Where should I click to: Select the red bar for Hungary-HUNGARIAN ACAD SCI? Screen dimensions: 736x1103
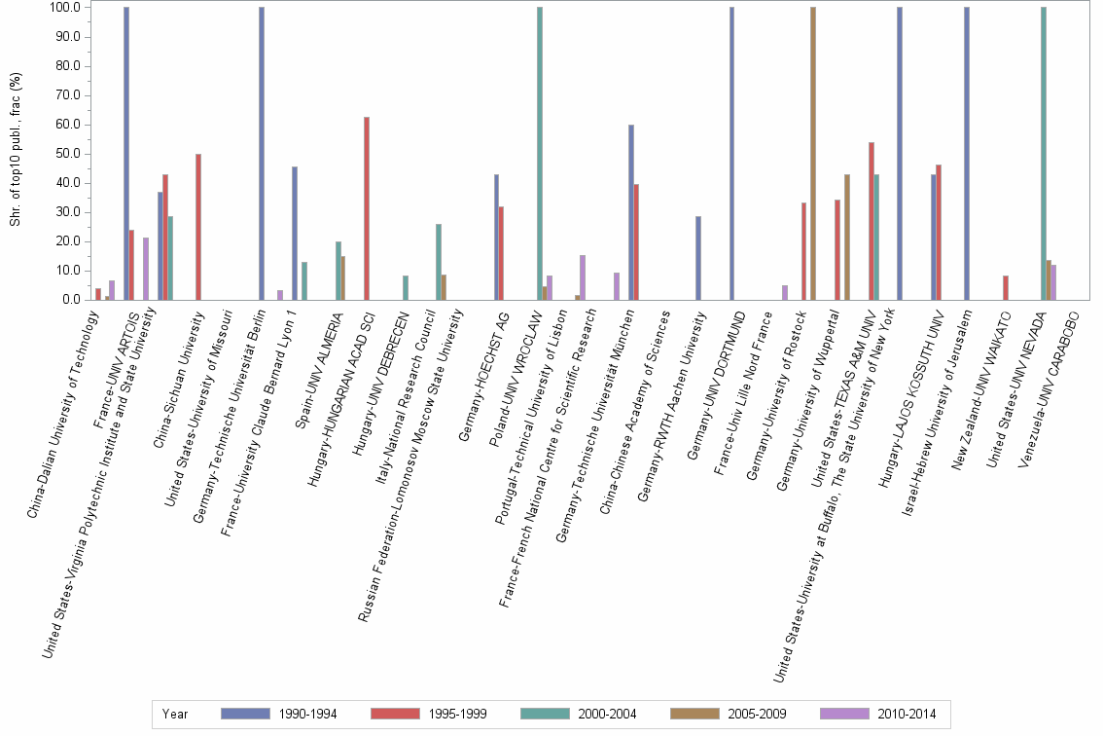coord(367,208)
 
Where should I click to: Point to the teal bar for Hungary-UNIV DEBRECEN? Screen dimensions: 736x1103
coord(406,288)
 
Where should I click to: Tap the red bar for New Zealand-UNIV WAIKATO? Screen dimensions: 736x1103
coord(1006,288)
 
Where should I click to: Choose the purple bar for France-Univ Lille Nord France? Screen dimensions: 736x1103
coord(785,293)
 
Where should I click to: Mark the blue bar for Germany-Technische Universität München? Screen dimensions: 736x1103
coord(630,212)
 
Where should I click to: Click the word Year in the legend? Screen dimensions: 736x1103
coord(176,715)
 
